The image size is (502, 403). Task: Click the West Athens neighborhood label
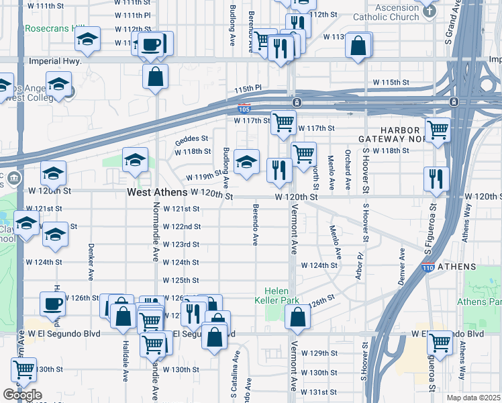point(157,193)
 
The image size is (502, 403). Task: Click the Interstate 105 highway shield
point(245,109)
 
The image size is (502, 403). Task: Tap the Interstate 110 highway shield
point(428,267)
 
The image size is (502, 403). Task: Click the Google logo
point(21,395)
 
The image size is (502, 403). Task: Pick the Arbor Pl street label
point(360,263)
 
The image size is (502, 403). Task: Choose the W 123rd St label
point(182,244)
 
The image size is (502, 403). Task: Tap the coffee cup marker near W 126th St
point(52,304)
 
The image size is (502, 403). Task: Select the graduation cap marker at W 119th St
point(247,162)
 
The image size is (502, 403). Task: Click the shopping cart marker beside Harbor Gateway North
point(438,130)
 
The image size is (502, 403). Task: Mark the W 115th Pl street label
point(248,88)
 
